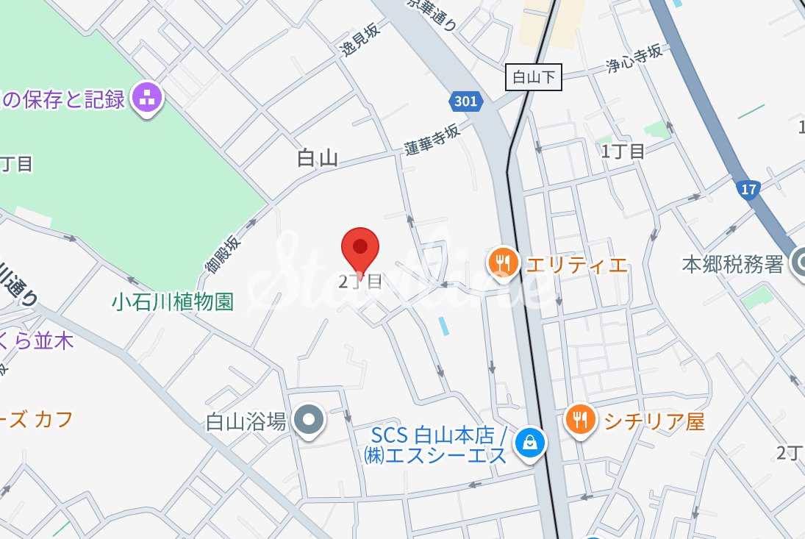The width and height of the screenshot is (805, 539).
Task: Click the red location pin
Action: click(x=360, y=247)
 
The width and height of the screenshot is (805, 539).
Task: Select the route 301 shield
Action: click(x=465, y=101)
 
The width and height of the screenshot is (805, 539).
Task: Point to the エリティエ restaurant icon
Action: click(x=503, y=262)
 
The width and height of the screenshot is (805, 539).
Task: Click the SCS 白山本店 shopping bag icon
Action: click(x=529, y=442)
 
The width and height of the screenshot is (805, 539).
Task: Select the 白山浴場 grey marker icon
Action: click(x=310, y=421)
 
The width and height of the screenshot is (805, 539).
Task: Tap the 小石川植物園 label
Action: click(x=172, y=301)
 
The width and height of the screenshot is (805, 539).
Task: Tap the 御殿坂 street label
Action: click(x=222, y=254)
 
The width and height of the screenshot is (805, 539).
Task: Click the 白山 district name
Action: click(x=318, y=157)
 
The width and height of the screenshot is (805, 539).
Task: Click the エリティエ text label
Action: click(x=577, y=264)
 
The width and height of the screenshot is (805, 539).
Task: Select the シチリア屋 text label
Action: click(x=654, y=421)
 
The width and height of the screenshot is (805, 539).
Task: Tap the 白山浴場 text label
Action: click(x=246, y=421)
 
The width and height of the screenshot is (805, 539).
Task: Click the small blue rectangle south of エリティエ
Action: click(x=443, y=326)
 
